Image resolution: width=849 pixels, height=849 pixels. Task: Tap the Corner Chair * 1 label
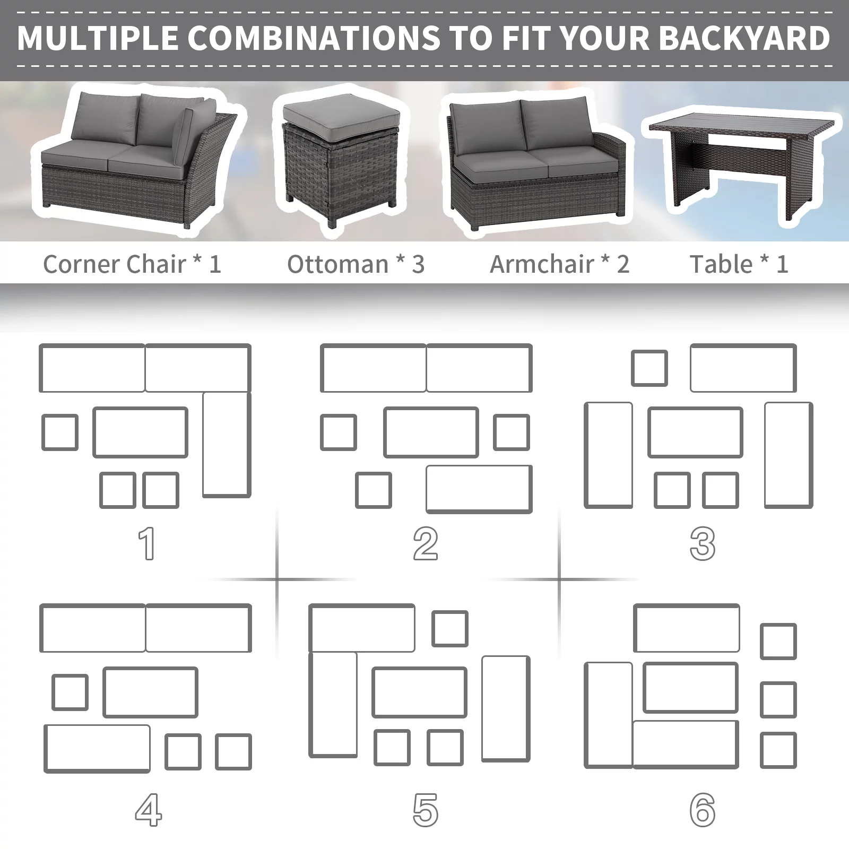pyautogui.click(x=132, y=264)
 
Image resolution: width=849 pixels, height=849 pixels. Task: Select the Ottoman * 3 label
pyautogui.click(x=356, y=264)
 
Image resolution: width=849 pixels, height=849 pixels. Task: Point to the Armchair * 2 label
pyautogui.click(x=559, y=264)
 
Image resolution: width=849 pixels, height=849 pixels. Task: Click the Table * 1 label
pyautogui.click(x=739, y=264)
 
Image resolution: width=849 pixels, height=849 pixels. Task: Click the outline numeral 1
pyautogui.click(x=146, y=543)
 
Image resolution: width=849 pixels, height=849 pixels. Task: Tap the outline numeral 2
pyautogui.click(x=426, y=543)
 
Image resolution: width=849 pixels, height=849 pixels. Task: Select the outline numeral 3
pyautogui.click(x=703, y=543)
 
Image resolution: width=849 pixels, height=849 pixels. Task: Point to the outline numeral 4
pyautogui.click(x=148, y=810)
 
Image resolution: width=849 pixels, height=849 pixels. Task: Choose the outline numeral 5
pyautogui.click(x=426, y=810)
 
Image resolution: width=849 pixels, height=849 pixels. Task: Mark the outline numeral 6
pyautogui.click(x=703, y=810)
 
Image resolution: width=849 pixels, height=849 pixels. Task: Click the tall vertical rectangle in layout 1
pyautogui.click(x=227, y=445)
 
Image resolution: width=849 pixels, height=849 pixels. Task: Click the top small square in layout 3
pyautogui.click(x=649, y=368)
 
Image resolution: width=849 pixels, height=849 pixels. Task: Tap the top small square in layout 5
pyautogui.click(x=450, y=628)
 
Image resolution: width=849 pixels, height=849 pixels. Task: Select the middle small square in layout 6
pyautogui.click(x=778, y=699)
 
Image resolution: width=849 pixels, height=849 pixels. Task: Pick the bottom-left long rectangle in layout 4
pyautogui.click(x=97, y=748)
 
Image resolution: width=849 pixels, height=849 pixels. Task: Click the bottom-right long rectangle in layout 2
pyautogui.click(x=479, y=489)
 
